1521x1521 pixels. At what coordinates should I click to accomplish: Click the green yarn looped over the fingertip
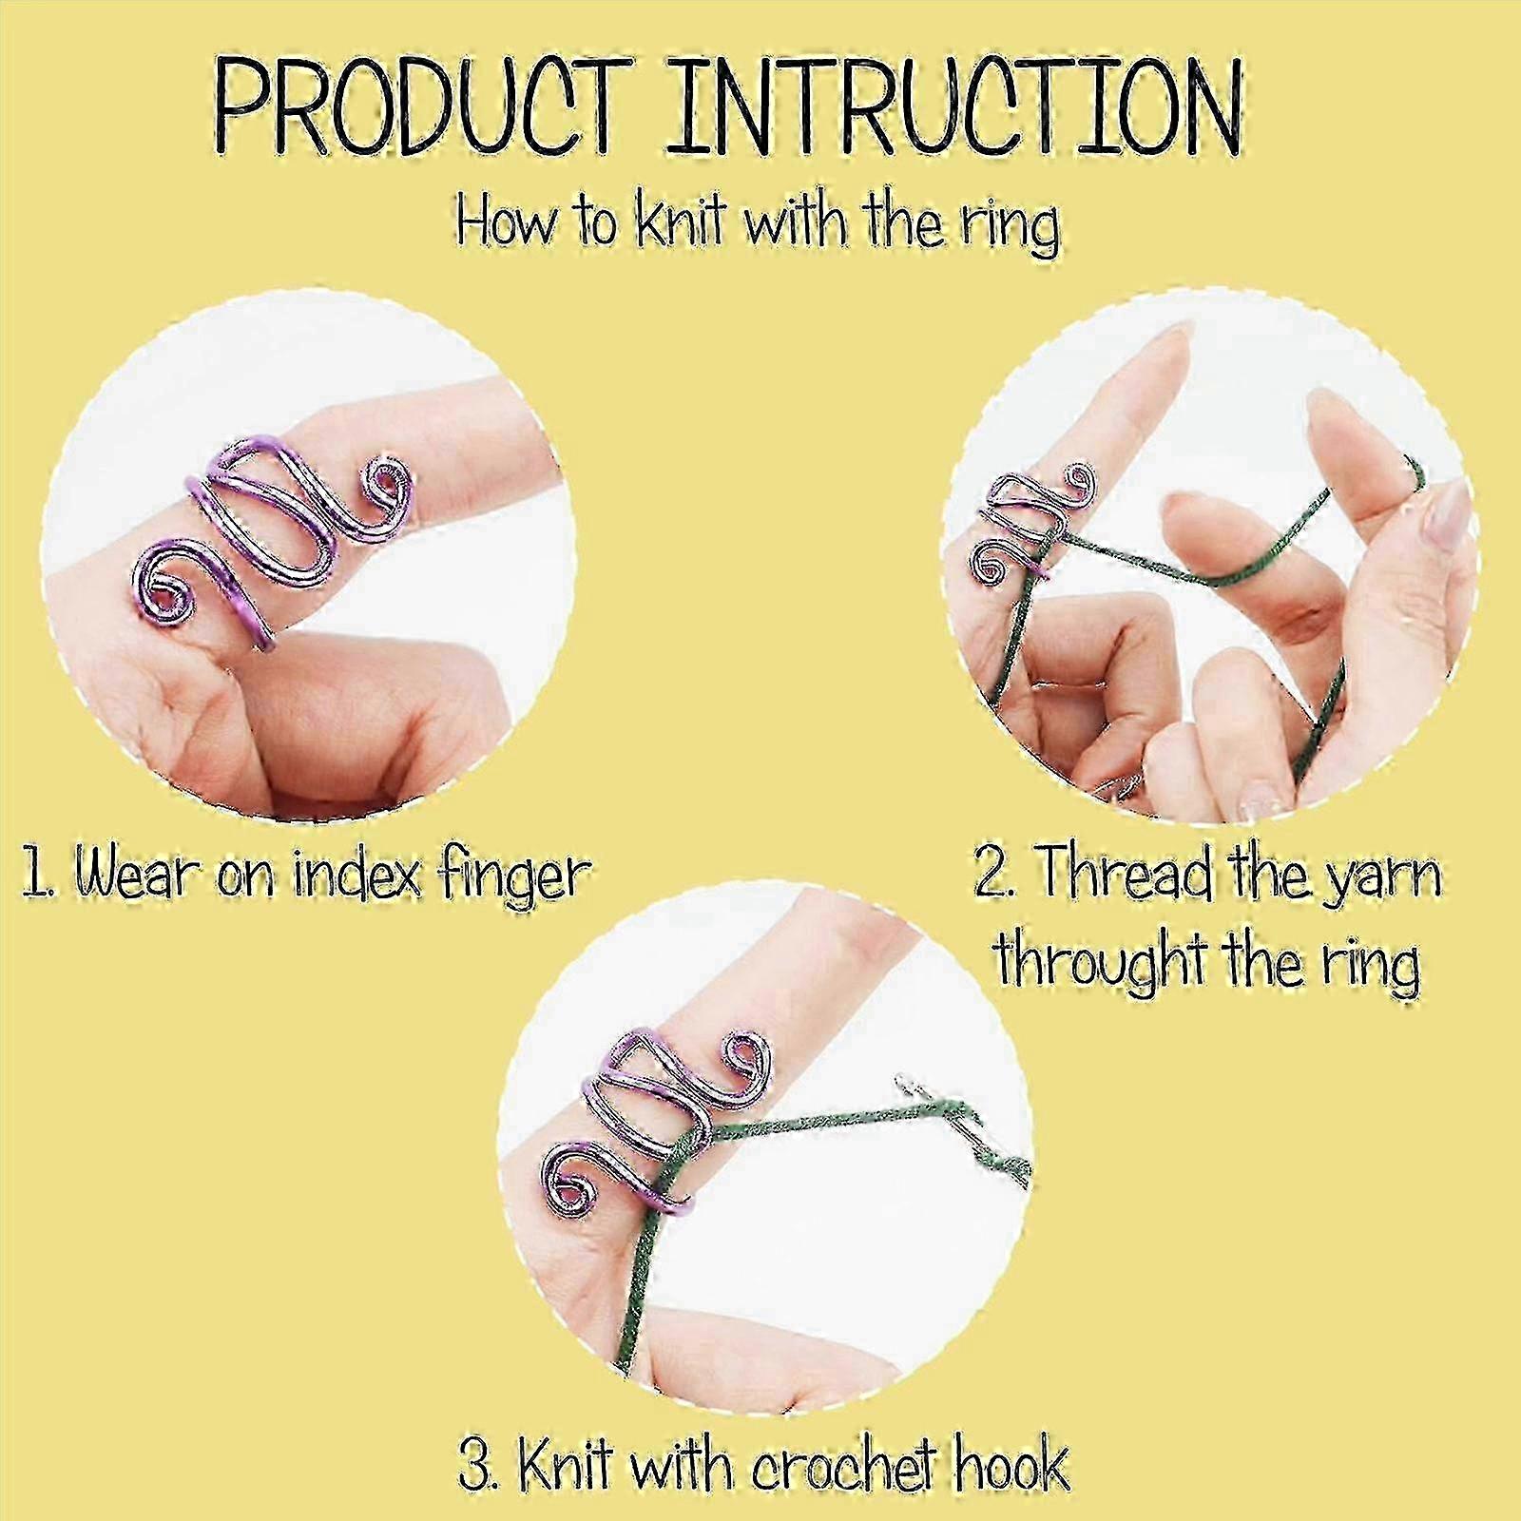click(1407, 475)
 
